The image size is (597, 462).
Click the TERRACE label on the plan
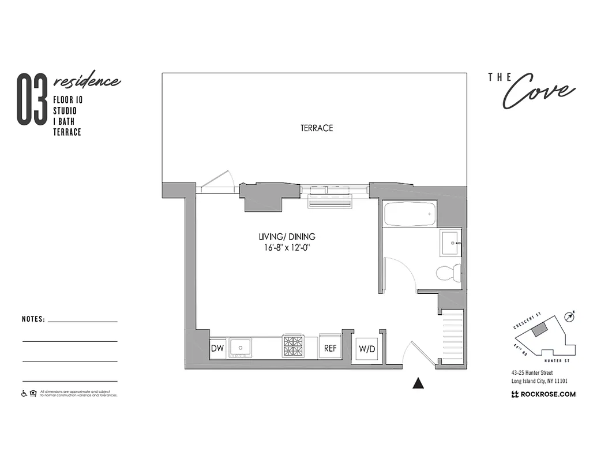point(317,128)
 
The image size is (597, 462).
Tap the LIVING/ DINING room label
point(287,237)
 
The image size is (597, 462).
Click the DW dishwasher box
point(217,348)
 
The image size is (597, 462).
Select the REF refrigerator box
point(330,348)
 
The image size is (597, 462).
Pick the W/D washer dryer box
point(367,349)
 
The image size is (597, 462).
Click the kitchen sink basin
point(240,347)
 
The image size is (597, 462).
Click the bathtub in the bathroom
point(408,214)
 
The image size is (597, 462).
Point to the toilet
point(448,271)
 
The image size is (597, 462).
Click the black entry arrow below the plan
point(419,383)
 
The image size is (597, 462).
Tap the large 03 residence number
point(31,99)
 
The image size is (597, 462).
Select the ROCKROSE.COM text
point(543,394)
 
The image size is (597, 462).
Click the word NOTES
point(33,319)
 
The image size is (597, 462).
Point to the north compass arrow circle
point(570,316)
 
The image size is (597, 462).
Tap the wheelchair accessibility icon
point(24,394)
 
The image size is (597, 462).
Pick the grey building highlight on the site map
point(540,329)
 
